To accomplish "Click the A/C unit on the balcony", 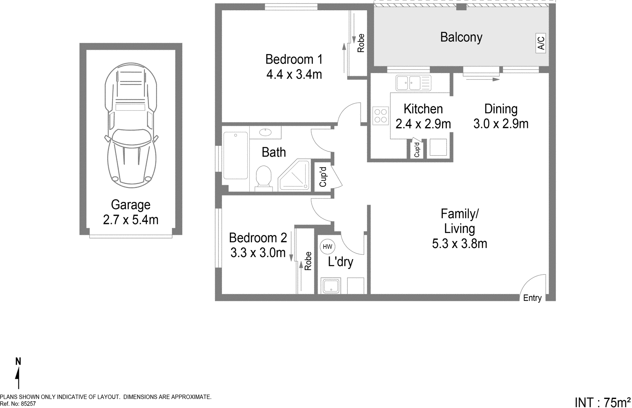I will pyautogui.click(x=541, y=43).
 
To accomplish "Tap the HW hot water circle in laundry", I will pyautogui.click(x=327, y=247).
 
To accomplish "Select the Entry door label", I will pyautogui.click(x=532, y=298).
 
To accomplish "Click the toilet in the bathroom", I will pyautogui.click(x=264, y=177).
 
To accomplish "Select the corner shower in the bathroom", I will pyautogui.click(x=295, y=177).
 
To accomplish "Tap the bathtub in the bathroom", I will pyautogui.click(x=235, y=155).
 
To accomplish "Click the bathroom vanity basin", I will pyautogui.click(x=265, y=132).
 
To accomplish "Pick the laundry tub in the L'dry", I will pyautogui.click(x=330, y=286).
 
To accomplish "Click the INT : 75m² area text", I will pyautogui.click(x=602, y=402).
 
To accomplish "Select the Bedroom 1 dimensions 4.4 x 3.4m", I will pyautogui.click(x=294, y=74).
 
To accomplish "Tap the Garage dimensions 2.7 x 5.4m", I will pyautogui.click(x=130, y=220).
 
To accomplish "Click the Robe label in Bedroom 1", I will pyautogui.click(x=360, y=43).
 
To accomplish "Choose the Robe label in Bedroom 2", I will pyautogui.click(x=308, y=261).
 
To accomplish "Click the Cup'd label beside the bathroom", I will pyautogui.click(x=323, y=177).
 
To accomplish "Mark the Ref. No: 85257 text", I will pyautogui.click(x=18, y=404).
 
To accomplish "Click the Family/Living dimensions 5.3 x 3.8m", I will pyautogui.click(x=459, y=243).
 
